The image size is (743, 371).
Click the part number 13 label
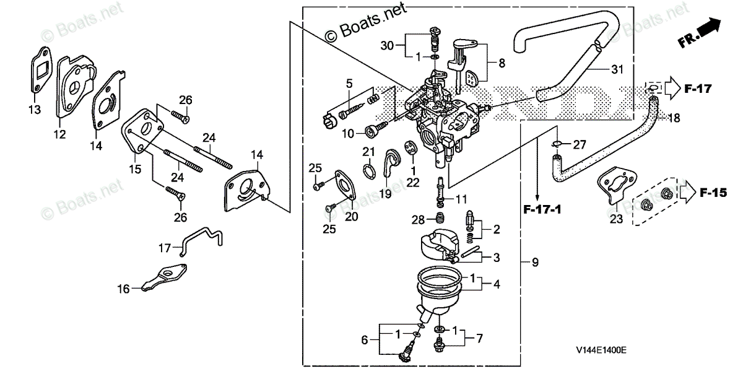coord(34,110)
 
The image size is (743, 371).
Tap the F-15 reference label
coord(713,193)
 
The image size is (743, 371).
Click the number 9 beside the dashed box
coord(535,263)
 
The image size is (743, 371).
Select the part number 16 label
coord(124,288)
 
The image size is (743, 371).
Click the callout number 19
coord(386,193)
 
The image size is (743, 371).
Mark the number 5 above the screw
coord(349,83)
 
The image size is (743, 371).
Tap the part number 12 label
coord(59,134)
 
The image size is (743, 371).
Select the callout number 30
coord(387,46)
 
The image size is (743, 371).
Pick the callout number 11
coord(461,199)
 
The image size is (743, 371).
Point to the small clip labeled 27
coord(557,144)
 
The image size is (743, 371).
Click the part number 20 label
coord(351,217)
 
